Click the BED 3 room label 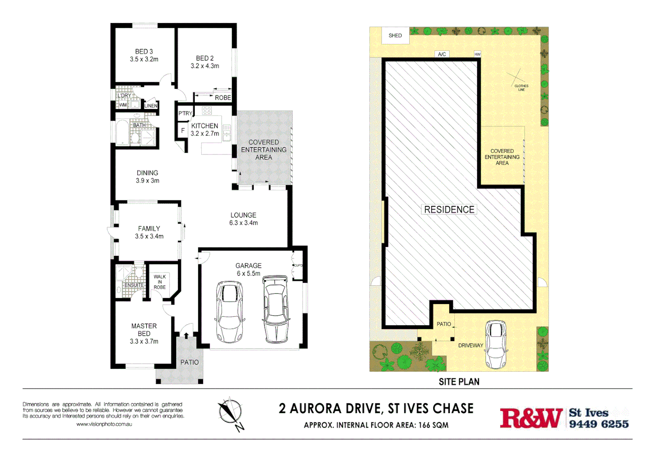click(x=144, y=51)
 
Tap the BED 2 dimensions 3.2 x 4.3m click(x=205, y=66)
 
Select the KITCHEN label click(x=205, y=126)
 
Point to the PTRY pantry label click(x=185, y=113)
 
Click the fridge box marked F click(x=183, y=130)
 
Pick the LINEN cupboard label click(x=151, y=106)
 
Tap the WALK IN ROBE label click(x=160, y=282)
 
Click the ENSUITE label click(x=134, y=285)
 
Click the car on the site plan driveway click(x=496, y=344)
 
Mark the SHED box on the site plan click(x=395, y=36)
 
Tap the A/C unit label click(x=442, y=54)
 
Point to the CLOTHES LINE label click(x=521, y=88)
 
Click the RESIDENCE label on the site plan click(x=449, y=209)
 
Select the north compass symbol click(x=231, y=413)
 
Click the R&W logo click(x=531, y=418)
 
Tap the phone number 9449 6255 click(x=599, y=424)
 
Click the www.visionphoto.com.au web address click(x=104, y=424)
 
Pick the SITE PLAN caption click(x=459, y=382)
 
